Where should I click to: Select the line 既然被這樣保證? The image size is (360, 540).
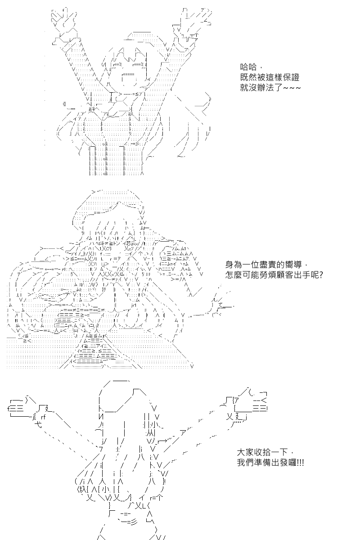point(270,77)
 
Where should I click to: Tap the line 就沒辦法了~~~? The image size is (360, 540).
point(270,87)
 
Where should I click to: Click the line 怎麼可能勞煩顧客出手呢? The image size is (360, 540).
point(274,275)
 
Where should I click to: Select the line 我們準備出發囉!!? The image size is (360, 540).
point(270,463)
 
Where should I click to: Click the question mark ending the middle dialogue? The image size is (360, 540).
point(321,275)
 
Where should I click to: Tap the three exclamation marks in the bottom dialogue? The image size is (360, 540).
point(301,463)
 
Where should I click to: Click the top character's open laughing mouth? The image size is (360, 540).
point(129,79)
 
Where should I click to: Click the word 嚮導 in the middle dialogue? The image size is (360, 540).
point(293,265)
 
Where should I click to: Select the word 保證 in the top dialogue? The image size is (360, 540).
point(291,77)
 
